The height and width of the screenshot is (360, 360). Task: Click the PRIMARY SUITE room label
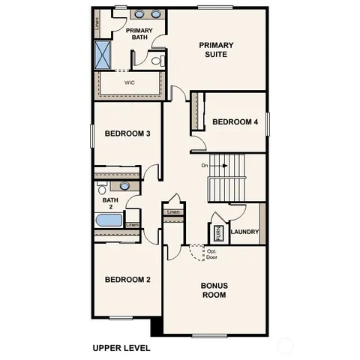(x=216, y=49)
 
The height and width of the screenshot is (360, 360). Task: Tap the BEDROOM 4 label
(x=235, y=121)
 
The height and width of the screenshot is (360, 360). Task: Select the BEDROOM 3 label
(x=127, y=133)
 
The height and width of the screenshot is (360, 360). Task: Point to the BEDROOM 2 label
(x=127, y=280)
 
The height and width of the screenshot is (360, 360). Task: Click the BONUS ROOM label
(x=214, y=289)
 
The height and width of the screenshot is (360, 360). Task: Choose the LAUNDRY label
(x=244, y=232)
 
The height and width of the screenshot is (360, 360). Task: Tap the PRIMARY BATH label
(x=139, y=34)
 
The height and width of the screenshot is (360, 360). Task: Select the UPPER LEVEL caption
(x=121, y=348)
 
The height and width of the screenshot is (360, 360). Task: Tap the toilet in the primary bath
(x=157, y=61)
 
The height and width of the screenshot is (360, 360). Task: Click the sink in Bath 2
(x=125, y=185)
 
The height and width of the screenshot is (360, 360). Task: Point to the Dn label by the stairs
(x=203, y=165)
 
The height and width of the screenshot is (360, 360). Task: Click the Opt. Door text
(x=211, y=254)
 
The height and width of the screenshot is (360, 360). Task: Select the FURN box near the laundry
(x=218, y=232)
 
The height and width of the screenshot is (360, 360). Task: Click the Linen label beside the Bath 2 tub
(x=132, y=225)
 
